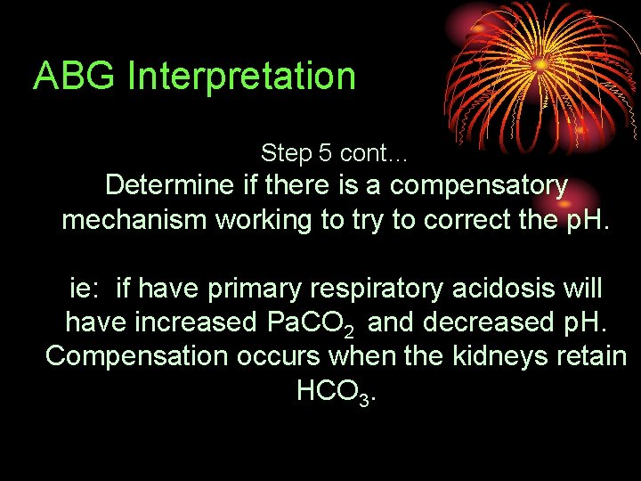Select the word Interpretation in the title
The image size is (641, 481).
[x=241, y=77]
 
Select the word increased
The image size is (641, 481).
[x=197, y=322]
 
